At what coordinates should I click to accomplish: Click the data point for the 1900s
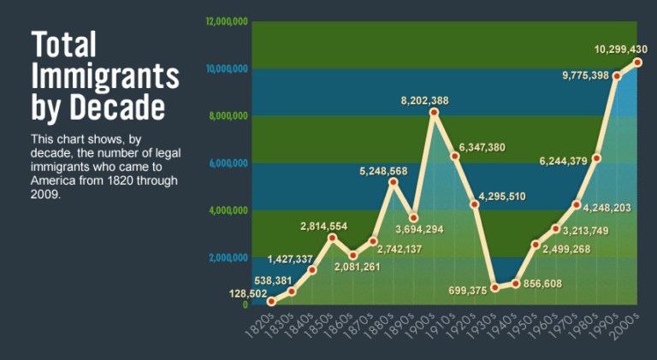point(435,113)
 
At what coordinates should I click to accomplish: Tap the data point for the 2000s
point(637,62)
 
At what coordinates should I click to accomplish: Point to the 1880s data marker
point(394,182)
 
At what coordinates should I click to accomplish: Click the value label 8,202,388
point(424,101)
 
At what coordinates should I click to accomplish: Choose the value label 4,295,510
point(502,198)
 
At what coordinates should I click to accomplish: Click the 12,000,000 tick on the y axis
point(227,21)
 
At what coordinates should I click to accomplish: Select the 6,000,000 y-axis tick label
point(228,162)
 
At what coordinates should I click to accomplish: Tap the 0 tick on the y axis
point(246,305)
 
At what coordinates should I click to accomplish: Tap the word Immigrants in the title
point(105,76)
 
